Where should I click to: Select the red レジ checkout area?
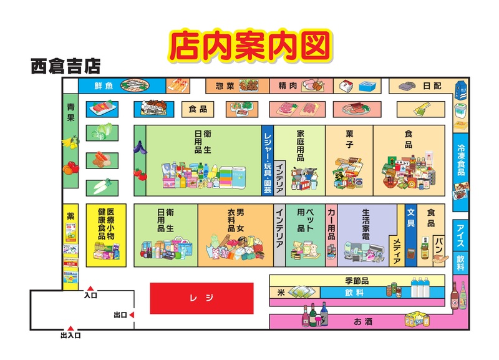pyautogui.click(x=201, y=298)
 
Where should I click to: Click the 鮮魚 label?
pyautogui.click(x=104, y=85)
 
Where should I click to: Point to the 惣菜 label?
pyautogui.click(x=225, y=85)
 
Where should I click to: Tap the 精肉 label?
pyautogui.click(x=288, y=85)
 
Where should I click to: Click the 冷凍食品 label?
pyautogui.click(x=460, y=158)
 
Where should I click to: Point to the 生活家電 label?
pyautogui.click(x=366, y=224)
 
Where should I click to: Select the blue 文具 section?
pyautogui.click(x=410, y=218)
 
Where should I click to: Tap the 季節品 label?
pyautogui.click(x=357, y=280)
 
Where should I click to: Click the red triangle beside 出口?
pyautogui.click(x=132, y=315)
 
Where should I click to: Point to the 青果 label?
pyautogui.click(x=70, y=112)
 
